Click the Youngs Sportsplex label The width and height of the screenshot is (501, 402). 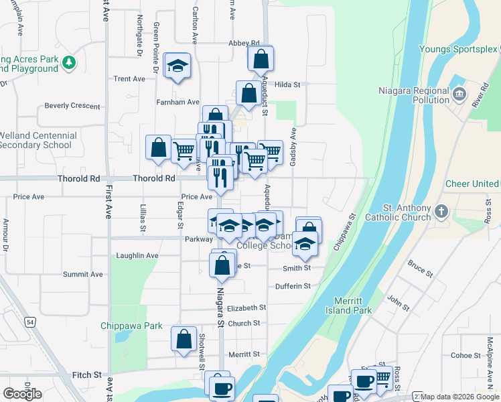click(x=459, y=49)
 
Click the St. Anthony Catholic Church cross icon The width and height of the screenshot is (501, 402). click(x=441, y=212)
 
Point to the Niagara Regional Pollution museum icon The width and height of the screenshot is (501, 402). click(x=459, y=95)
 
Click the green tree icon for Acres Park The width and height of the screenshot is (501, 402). click(x=68, y=63)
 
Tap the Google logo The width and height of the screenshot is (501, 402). click(x=22, y=394)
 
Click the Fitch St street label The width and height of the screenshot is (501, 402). click(x=86, y=375)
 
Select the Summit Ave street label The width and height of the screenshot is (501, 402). click(x=83, y=274)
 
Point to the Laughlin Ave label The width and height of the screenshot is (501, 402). click(x=137, y=255)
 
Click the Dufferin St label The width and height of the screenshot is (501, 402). click(x=293, y=286)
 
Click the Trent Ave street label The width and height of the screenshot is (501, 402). click(x=129, y=78)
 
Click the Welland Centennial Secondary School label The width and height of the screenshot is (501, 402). click(x=37, y=140)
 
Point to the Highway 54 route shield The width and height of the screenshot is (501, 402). click(x=31, y=323)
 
